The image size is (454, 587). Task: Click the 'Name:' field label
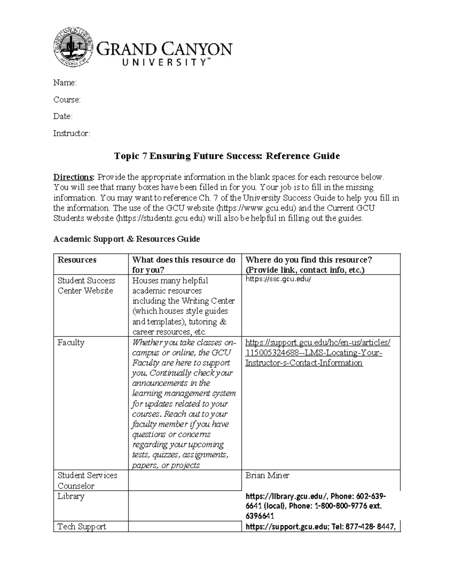pos(65,83)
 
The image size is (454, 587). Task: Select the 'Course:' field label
pos(67,100)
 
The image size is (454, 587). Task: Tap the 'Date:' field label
pos(63,116)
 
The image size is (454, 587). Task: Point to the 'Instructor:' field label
pos(72,133)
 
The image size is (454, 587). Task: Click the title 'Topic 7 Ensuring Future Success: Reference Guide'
pos(227,156)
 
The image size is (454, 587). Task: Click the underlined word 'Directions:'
pos(74,177)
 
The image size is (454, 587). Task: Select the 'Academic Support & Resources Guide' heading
pos(126,239)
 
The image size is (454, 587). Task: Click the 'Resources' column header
pos(77,260)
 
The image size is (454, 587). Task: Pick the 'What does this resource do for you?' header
pos(184,265)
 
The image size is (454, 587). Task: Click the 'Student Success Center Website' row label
pos(86,285)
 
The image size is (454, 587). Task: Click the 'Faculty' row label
pos(71,342)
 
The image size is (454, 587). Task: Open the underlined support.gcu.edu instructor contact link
pos(317,353)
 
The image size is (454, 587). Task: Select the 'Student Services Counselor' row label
pos(87,480)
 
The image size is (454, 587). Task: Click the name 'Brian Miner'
pos(267,475)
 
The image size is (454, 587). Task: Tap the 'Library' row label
pos(71,496)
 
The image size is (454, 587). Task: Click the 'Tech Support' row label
pos(82,527)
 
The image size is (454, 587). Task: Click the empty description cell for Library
pos(185,506)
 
